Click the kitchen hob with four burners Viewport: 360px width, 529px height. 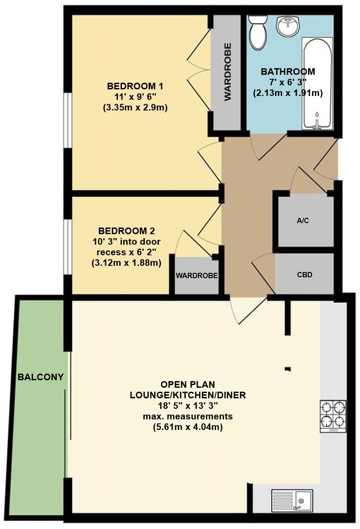[x=333, y=415]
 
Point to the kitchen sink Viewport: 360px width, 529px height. [x=292, y=500]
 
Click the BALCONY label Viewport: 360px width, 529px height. [x=40, y=377]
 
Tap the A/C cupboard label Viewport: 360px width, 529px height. [x=303, y=220]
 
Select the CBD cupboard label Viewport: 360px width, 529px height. [x=305, y=275]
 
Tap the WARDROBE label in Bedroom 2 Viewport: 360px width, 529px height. [x=197, y=276]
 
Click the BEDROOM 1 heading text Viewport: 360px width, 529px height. [x=132, y=86]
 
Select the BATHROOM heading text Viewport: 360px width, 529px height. [x=288, y=72]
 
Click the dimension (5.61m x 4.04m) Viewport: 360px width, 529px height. [x=187, y=426]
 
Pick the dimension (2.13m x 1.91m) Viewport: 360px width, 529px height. [x=288, y=93]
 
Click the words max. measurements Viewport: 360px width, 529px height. [x=187, y=416]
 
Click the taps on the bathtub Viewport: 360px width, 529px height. [x=316, y=125]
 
